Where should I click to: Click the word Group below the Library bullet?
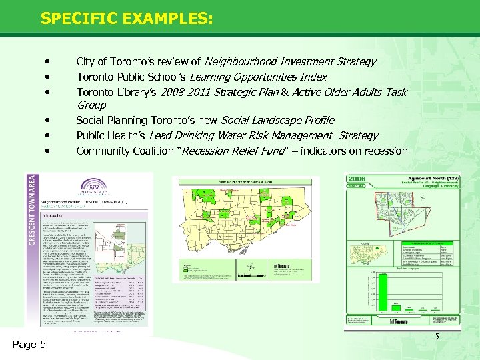(x=91, y=105)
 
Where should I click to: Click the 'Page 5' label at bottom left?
(x=29, y=345)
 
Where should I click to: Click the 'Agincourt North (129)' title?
(x=431, y=179)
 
